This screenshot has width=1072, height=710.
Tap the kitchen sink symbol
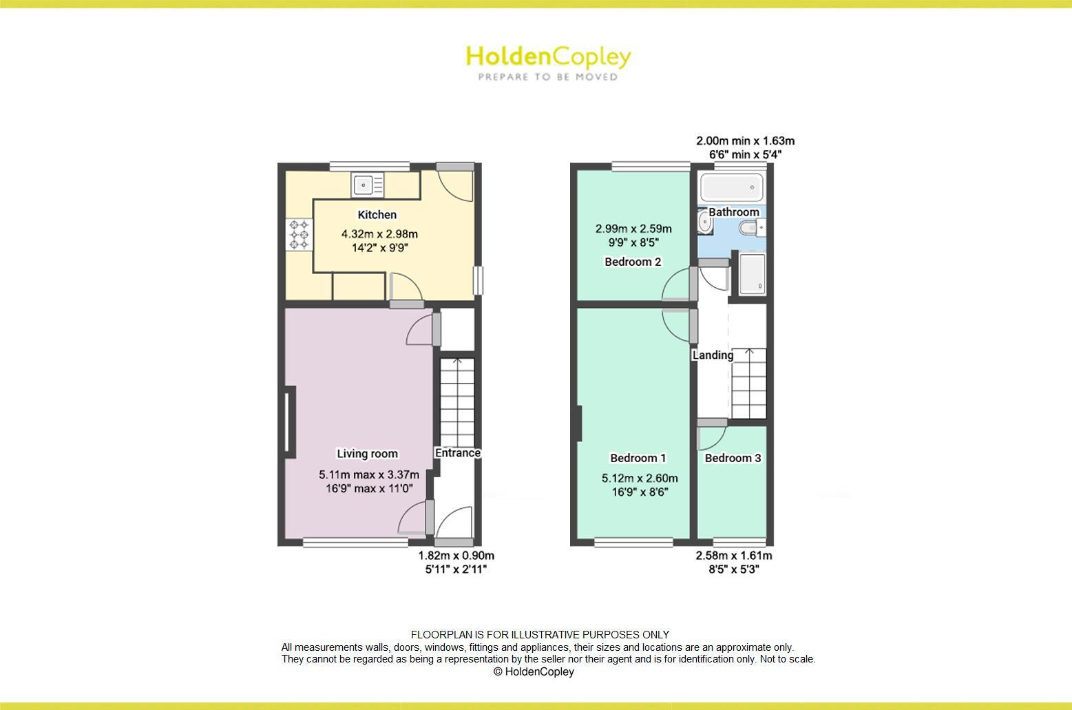tap(368, 185)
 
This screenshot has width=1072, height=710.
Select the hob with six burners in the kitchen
tap(299, 234)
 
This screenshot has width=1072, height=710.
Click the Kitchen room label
tap(377, 215)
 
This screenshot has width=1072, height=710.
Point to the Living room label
tap(367, 454)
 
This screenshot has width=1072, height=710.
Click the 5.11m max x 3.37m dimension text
tap(368, 474)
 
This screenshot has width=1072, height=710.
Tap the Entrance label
tap(457, 453)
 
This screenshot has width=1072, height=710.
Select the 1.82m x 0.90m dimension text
tap(456, 556)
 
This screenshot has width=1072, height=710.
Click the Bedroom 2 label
tap(633, 262)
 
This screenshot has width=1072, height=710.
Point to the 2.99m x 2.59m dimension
tap(633, 229)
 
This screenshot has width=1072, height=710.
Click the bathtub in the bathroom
tap(731, 186)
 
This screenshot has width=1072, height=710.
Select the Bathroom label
tap(734, 212)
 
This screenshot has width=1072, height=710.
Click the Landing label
tap(713, 355)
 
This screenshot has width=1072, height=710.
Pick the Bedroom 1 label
tap(638, 458)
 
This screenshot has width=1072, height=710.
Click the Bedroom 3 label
tap(733, 458)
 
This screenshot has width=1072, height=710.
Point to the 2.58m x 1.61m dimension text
tap(734, 556)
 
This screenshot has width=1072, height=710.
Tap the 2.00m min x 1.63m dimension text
tap(745, 141)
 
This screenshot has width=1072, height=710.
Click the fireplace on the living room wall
tap(289, 421)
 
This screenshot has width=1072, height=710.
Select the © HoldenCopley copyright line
tap(534, 672)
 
